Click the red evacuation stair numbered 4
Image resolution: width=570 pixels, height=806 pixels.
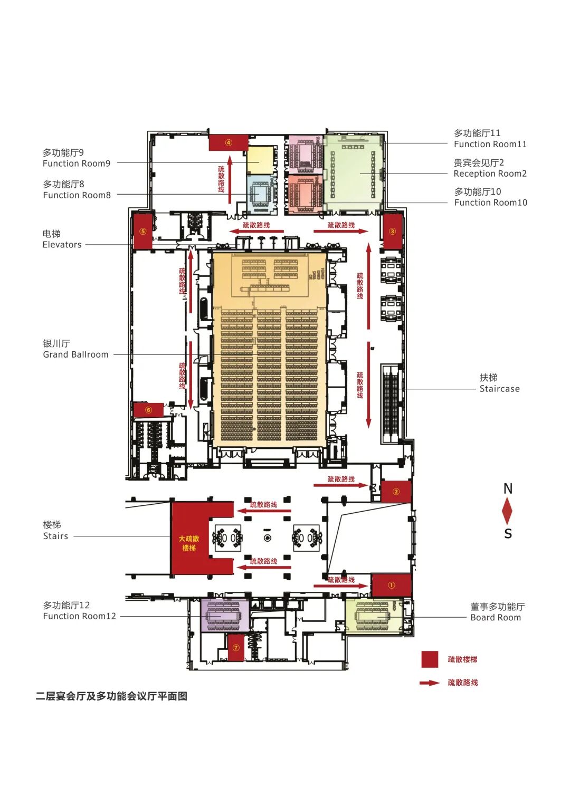[229, 142]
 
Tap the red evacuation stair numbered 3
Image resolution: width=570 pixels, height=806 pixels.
[392, 231]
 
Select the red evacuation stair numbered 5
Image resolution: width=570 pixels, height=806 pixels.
[142, 231]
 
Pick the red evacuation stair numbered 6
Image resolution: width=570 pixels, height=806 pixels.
[148, 410]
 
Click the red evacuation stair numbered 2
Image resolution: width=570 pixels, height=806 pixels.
[396, 492]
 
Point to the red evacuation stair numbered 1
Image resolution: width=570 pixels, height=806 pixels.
[391, 585]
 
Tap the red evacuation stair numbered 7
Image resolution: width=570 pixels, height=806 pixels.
[236, 648]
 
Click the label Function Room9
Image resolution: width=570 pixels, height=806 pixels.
[77, 164]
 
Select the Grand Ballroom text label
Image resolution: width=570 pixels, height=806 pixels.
[75, 354]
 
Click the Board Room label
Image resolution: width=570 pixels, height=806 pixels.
[495, 618]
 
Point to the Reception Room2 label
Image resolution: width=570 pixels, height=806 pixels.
[490, 174]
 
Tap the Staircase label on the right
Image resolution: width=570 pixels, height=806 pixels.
[499, 389]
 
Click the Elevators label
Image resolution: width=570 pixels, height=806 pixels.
[62, 245]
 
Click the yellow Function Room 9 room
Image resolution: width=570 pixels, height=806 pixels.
[261, 160]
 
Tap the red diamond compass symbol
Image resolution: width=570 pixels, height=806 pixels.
[507, 511]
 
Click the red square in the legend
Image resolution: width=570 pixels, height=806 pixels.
[430, 659]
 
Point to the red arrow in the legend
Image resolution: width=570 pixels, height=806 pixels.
[430, 683]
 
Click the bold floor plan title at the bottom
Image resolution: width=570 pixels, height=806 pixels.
[111, 696]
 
